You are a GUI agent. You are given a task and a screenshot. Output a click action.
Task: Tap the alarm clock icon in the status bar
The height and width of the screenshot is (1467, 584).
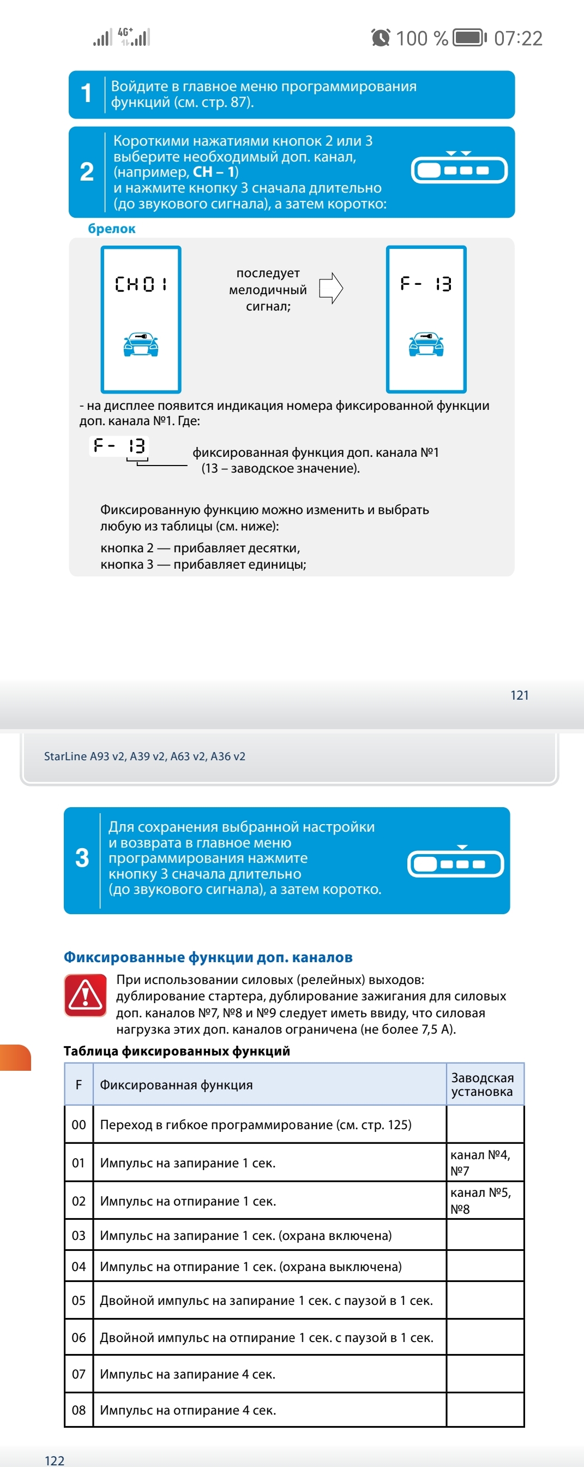[x=380, y=38]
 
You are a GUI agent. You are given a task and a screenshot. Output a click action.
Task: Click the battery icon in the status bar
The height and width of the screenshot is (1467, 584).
[x=469, y=38]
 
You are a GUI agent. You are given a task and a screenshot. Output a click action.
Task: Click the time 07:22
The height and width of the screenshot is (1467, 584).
[x=518, y=38]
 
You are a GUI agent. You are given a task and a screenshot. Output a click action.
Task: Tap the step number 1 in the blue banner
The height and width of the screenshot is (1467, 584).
[x=87, y=93]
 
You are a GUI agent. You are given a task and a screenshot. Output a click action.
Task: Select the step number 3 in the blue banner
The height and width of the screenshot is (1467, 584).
[x=82, y=857]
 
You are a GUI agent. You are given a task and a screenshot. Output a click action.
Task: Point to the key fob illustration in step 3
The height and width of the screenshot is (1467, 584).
[x=455, y=863]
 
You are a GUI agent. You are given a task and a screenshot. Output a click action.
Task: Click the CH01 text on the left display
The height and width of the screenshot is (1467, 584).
[x=141, y=284]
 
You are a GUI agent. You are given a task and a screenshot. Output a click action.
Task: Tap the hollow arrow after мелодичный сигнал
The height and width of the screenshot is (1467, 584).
[x=330, y=288]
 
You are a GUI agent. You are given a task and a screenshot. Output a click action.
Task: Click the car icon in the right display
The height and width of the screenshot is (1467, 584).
[x=426, y=344]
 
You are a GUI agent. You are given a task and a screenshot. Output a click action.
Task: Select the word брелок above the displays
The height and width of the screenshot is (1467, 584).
[x=112, y=228]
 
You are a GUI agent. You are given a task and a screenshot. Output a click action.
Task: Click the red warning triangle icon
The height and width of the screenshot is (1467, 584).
[x=86, y=995]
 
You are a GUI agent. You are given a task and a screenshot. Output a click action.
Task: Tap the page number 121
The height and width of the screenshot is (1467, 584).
[x=519, y=695]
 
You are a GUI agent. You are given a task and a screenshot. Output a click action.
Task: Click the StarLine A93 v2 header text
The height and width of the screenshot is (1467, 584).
[x=145, y=756]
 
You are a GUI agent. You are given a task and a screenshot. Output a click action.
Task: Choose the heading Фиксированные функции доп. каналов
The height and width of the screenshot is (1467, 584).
[x=208, y=957]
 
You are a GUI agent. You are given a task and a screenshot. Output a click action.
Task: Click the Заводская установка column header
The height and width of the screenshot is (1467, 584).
[x=483, y=1084]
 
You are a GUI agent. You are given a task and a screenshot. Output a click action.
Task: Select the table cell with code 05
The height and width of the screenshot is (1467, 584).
[x=79, y=1300]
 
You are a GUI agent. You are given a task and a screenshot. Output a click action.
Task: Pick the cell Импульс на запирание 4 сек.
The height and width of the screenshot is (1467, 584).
[x=188, y=1374]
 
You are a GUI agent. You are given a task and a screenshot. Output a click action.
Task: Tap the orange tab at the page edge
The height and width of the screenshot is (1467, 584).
[x=15, y=1058]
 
